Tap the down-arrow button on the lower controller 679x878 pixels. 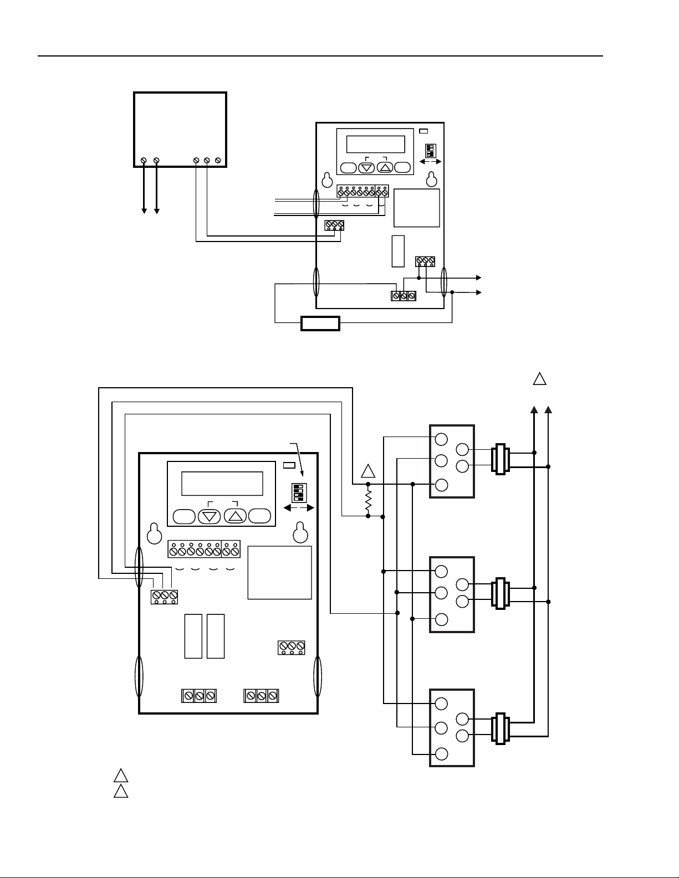point(209,516)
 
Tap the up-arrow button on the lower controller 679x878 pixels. point(236,516)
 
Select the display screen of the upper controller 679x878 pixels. point(375,144)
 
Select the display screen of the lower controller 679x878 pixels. point(222,484)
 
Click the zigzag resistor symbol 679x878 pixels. point(368,501)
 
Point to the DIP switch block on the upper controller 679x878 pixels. point(429,151)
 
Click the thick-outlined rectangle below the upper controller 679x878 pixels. point(320,323)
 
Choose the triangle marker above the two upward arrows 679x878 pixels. point(540,379)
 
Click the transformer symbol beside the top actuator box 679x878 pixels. point(501,459)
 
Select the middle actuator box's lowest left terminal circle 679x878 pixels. point(442,619)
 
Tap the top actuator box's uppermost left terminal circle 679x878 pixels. point(441,439)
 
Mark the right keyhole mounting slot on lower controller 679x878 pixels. point(300,532)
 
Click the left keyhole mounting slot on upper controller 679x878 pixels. point(327,180)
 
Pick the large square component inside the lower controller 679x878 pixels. point(279,572)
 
